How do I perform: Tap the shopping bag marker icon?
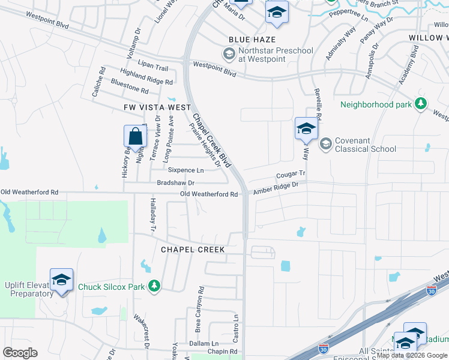click(x=136, y=136)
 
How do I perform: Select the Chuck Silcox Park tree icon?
click(x=154, y=286)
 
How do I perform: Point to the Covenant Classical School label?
click(x=365, y=145)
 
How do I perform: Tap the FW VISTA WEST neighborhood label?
click(x=148, y=107)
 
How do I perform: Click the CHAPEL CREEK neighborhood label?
click(x=193, y=250)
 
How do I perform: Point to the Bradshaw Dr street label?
click(x=176, y=182)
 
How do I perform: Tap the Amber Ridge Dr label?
click(x=276, y=188)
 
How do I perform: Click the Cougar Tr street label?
click(x=291, y=175)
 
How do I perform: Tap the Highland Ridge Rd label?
click(x=146, y=76)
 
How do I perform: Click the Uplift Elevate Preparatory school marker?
click(x=61, y=281)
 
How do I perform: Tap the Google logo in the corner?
click(x=20, y=353)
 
